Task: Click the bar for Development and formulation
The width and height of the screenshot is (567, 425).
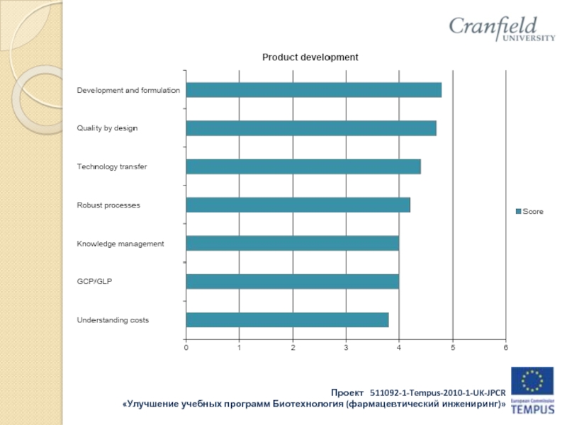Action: (x=313, y=90)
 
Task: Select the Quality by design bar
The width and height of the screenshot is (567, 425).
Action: (x=310, y=128)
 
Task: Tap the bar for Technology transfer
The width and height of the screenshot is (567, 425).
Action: (x=303, y=166)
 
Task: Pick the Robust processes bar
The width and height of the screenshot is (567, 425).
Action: (x=298, y=205)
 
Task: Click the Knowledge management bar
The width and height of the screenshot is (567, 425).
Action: (x=292, y=243)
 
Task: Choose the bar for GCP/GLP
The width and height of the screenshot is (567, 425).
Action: (x=292, y=281)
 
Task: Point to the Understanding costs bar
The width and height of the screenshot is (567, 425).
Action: (x=287, y=319)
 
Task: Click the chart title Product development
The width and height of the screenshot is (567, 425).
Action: (x=310, y=57)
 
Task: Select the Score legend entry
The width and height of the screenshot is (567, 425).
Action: (x=529, y=212)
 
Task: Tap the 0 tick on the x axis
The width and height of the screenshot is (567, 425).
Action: (x=186, y=347)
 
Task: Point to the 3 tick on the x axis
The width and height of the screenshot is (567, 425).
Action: (x=346, y=347)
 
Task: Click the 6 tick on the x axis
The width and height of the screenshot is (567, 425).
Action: (x=505, y=347)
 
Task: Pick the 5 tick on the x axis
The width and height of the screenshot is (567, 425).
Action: (x=452, y=347)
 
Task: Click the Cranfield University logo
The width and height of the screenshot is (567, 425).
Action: (x=501, y=30)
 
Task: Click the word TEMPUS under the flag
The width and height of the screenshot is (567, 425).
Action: (x=534, y=410)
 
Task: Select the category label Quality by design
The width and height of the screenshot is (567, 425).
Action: (x=107, y=128)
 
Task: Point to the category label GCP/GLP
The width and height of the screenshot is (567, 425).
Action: (x=94, y=281)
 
